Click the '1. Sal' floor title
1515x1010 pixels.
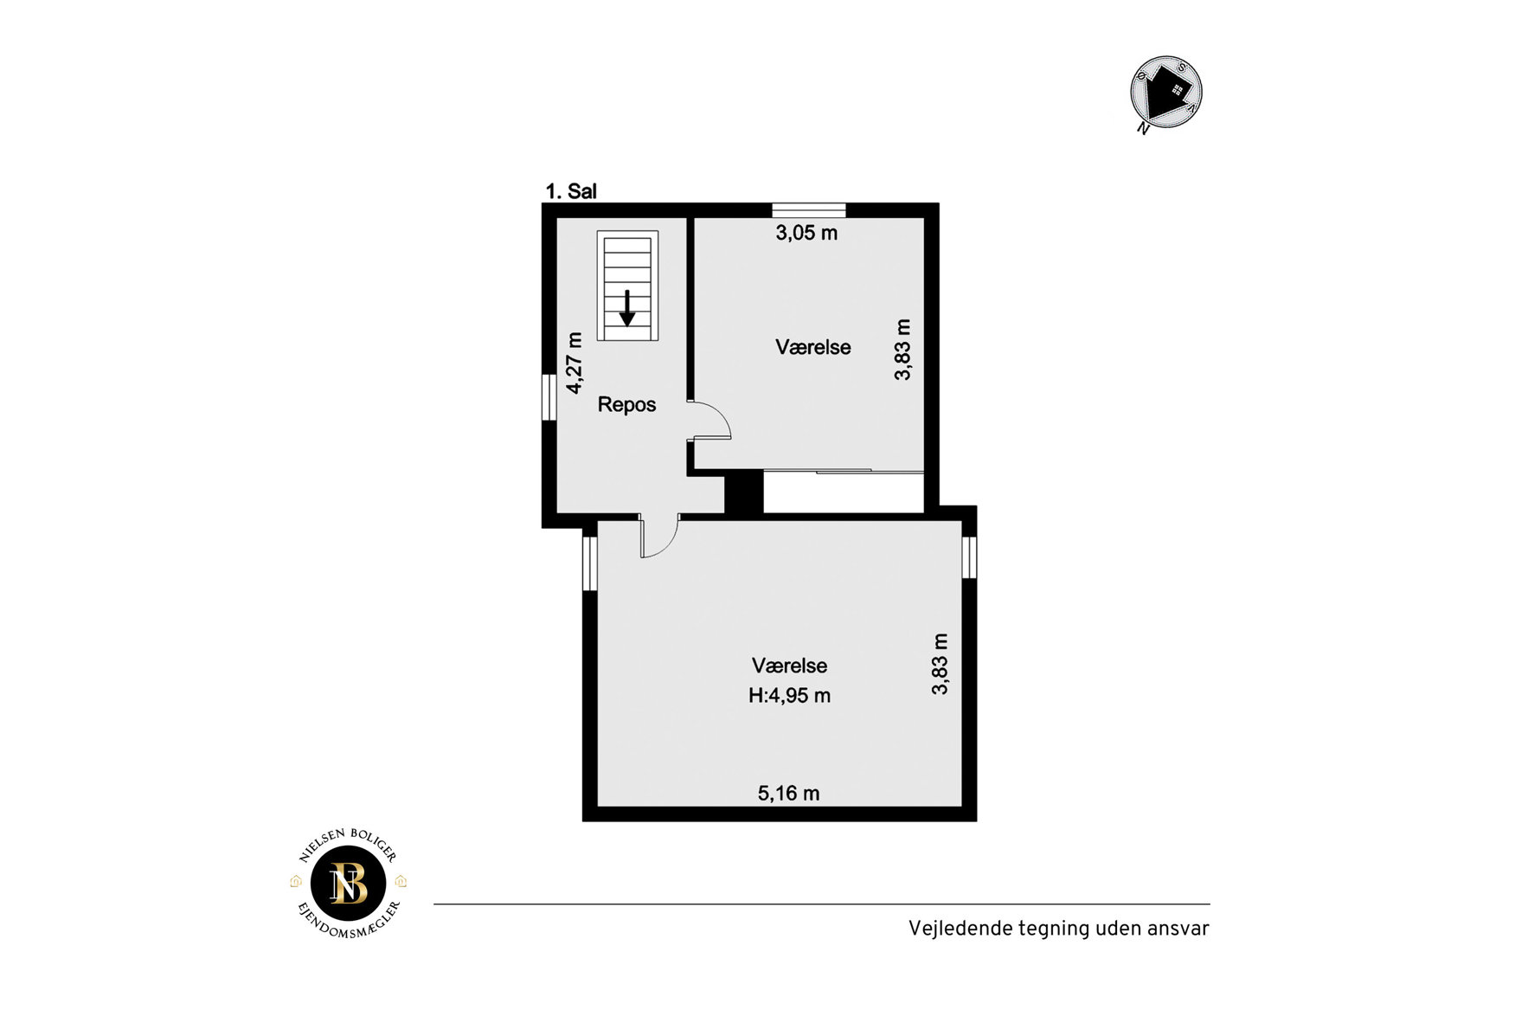pos(571,191)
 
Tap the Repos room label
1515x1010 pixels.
pos(626,404)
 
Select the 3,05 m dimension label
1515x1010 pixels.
pos(806,232)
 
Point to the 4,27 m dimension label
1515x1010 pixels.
pos(575,363)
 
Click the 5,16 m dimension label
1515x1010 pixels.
pos(788,793)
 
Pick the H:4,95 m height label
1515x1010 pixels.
pos(789,695)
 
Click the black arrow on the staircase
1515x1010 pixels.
pos(627,308)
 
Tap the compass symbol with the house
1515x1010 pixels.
pos(1166,92)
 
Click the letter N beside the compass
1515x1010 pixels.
pos(1143,129)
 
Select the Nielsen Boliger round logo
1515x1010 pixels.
pos(349,884)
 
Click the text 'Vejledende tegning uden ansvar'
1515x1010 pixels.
pos(1058,929)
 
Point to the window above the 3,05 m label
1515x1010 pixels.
pos(809,209)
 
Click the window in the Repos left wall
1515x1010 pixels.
pos(549,397)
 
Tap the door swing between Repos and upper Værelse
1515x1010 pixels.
pos(711,420)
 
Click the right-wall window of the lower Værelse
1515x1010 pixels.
pos(970,556)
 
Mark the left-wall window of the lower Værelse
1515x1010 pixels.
pos(589,563)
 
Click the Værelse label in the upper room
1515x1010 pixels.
pos(812,347)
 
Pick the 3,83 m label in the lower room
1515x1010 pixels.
pos(940,664)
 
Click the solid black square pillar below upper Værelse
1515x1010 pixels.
pos(743,492)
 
